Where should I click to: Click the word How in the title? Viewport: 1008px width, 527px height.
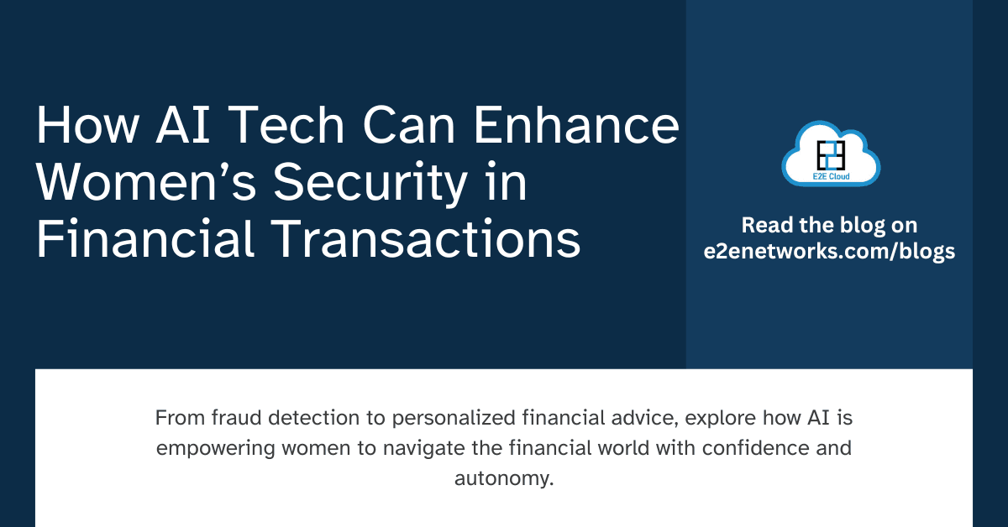[x=87, y=125]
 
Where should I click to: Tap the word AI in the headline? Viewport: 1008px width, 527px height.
[x=183, y=125]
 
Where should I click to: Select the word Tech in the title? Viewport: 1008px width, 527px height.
[x=289, y=124]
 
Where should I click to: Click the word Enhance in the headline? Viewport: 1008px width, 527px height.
[x=576, y=124]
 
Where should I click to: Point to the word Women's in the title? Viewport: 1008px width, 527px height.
[x=146, y=181]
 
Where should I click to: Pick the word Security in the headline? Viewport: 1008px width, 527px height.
[x=370, y=184]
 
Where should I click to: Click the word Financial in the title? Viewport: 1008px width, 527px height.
[x=144, y=238]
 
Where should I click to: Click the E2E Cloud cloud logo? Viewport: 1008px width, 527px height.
[x=831, y=154]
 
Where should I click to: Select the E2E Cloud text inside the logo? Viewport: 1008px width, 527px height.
[x=831, y=176]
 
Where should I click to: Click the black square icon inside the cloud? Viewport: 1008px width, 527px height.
[x=831, y=155]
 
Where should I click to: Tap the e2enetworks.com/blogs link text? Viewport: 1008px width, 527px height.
[x=829, y=252]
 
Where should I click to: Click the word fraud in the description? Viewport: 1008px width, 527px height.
[x=236, y=418]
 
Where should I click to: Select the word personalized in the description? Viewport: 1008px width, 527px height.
[x=454, y=419]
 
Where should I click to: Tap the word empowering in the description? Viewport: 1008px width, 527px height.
[x=216, y=449]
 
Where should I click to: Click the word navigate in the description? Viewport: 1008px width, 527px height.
[x=424, y=449]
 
